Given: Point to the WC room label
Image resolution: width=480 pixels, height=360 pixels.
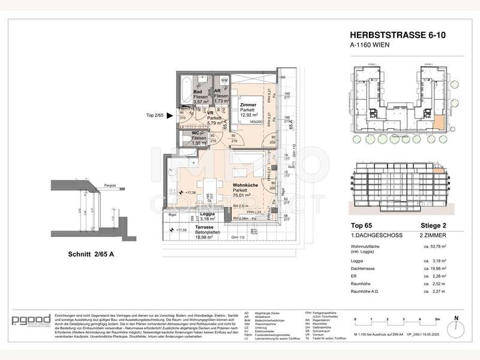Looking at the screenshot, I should (195, 133).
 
